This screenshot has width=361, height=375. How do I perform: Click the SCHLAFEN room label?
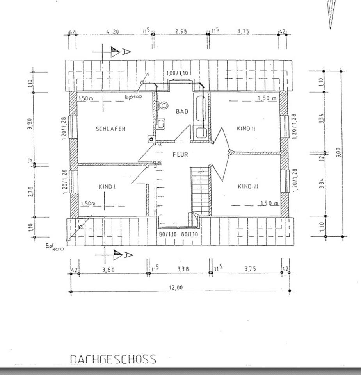(x=111, y=129)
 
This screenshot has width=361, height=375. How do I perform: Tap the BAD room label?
(x=182, y=112)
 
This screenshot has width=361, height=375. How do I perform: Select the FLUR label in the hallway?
(x=180, y=155)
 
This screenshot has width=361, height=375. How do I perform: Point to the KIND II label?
(x=246, y=128)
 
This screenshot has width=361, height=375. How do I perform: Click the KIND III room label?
(x=248, y=186)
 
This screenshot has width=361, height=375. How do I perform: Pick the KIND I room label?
(x=107, y=187)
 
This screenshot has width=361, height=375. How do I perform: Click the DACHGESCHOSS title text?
(x=113, y=359)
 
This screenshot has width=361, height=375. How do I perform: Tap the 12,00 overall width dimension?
(x=176, y=288)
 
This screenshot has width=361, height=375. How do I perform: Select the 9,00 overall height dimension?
(x=338, y=151)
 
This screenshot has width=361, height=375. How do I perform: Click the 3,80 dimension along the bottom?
(x=108, y=269)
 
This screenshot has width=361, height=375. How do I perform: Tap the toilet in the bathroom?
(x=163, y=105)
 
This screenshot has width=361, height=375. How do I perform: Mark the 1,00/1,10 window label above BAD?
(x=177, y=73)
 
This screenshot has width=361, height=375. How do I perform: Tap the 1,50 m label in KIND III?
(x=269, y=203)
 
